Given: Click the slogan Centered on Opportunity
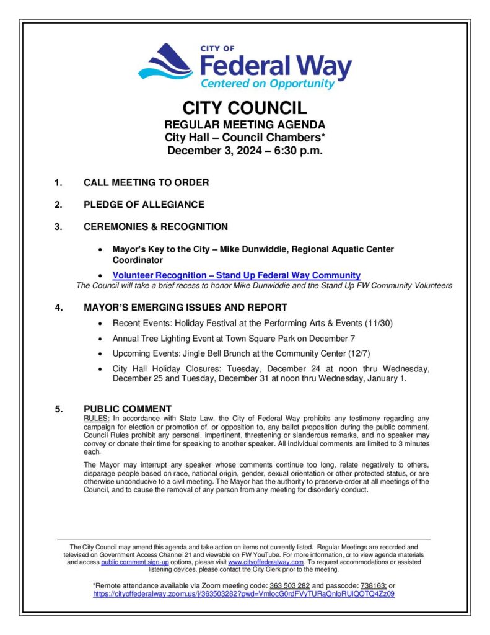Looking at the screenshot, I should point(267,83).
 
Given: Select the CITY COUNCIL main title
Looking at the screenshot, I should point(245,109).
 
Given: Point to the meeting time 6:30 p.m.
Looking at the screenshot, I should point(294,150).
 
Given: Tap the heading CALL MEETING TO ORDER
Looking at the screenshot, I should point(146,182).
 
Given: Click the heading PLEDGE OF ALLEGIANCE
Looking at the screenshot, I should point(144,205).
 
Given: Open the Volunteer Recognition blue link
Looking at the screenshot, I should point(236,275).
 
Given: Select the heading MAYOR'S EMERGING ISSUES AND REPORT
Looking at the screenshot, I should point(185,307).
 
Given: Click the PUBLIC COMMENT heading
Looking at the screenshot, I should point(127,409).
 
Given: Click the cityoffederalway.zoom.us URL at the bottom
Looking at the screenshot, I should point(243,593).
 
